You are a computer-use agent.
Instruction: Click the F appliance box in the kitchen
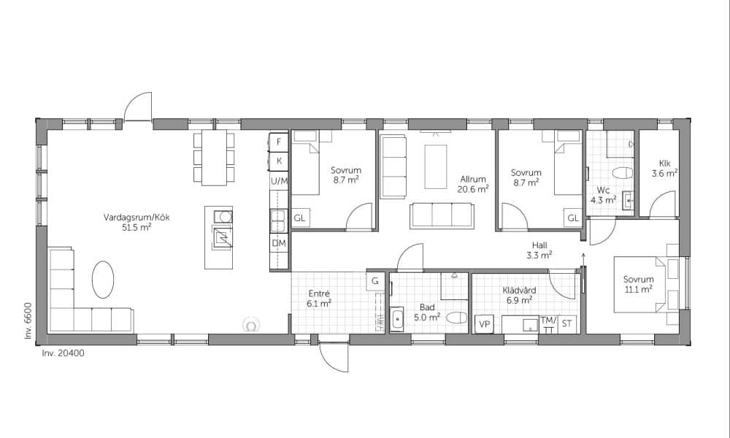tap(279, 142)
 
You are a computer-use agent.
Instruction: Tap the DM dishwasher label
tap(279, 243)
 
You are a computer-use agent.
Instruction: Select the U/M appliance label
tap(280, 181)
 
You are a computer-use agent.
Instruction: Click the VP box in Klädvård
tap(484, 324)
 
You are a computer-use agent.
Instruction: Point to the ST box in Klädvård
tap(566, 324)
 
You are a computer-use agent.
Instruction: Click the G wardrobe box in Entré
tap(374, 281)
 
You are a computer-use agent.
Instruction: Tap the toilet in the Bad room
tap(456, 318)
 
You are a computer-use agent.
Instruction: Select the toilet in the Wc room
tap(623, 173)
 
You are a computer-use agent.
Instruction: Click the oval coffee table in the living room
tap(103, 280)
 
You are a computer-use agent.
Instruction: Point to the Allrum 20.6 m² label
tap(473, 184)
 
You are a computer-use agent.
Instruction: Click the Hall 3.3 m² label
tap(539, 250)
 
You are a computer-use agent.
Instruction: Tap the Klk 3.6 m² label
tap(664, 169)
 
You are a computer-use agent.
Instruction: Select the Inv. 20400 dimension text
tap(64, 353)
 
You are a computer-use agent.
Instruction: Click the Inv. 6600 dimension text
tap(28, 320)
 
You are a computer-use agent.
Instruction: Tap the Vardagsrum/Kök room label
tap(137, 218)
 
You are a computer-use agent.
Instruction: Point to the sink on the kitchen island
tap(223, 216)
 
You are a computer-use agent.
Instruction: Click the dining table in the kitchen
tap(214, 158)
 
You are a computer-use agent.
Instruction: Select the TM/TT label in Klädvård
tap(549, 325)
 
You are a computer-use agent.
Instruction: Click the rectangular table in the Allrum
tap(436, 166)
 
